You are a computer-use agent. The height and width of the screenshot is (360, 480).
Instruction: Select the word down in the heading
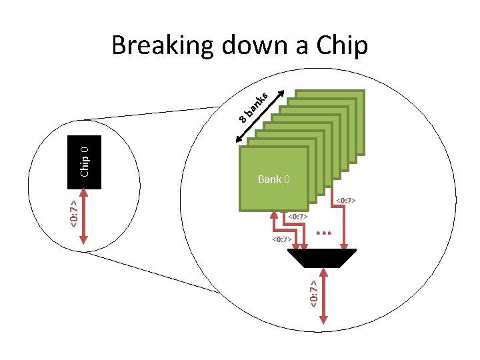250,46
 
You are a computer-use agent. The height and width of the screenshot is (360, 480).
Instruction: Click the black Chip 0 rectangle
85,162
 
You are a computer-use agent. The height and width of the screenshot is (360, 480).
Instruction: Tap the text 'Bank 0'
273,179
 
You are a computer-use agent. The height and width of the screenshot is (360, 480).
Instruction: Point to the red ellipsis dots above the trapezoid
324,233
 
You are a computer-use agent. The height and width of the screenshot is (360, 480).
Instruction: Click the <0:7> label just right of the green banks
349,200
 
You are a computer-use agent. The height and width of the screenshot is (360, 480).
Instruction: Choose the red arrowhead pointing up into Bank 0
274,215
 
